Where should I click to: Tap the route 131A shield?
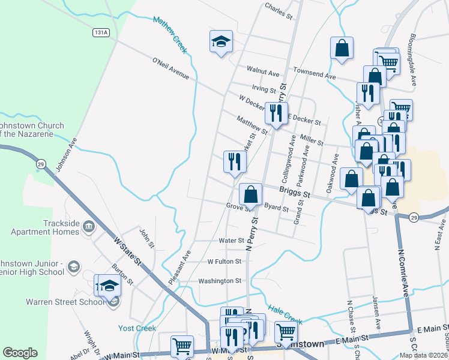[x=101, y=34]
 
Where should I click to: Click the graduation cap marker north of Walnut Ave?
[x=221, y=42]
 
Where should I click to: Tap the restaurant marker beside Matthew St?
[x=276, y=113]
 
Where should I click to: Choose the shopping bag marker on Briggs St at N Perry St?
[x=251, y=194]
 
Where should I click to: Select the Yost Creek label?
[x=137, y=328]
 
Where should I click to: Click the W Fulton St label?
[x=224, y=262]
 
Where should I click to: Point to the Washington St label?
[x=220, y=280]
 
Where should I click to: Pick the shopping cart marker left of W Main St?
[x=182, y=346]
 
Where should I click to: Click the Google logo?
[x=20, y=353]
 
